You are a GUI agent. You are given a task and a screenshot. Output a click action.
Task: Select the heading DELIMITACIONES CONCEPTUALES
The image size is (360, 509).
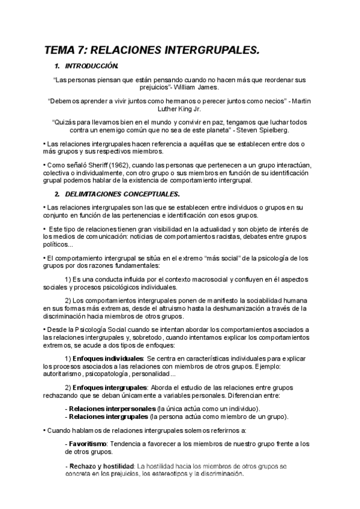[x=123, y=194]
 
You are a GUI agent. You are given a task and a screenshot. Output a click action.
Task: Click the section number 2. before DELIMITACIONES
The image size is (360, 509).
[x=57, y=194]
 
